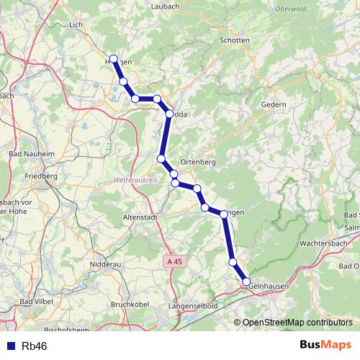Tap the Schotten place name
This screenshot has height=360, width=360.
(x=235, y=41)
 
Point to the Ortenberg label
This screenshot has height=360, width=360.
(x=198, y=162)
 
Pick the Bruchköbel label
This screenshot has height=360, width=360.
(x=130, y=305)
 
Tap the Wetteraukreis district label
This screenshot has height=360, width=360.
(x=135, y=181)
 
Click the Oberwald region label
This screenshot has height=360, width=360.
(x=292, y=10)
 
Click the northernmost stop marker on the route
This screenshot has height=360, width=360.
(x=113, y=59)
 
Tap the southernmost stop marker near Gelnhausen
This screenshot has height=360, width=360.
(x=246, y=282)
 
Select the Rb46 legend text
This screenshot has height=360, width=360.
(x=35, y=346)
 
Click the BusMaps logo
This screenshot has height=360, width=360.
(x=325, y=345)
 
